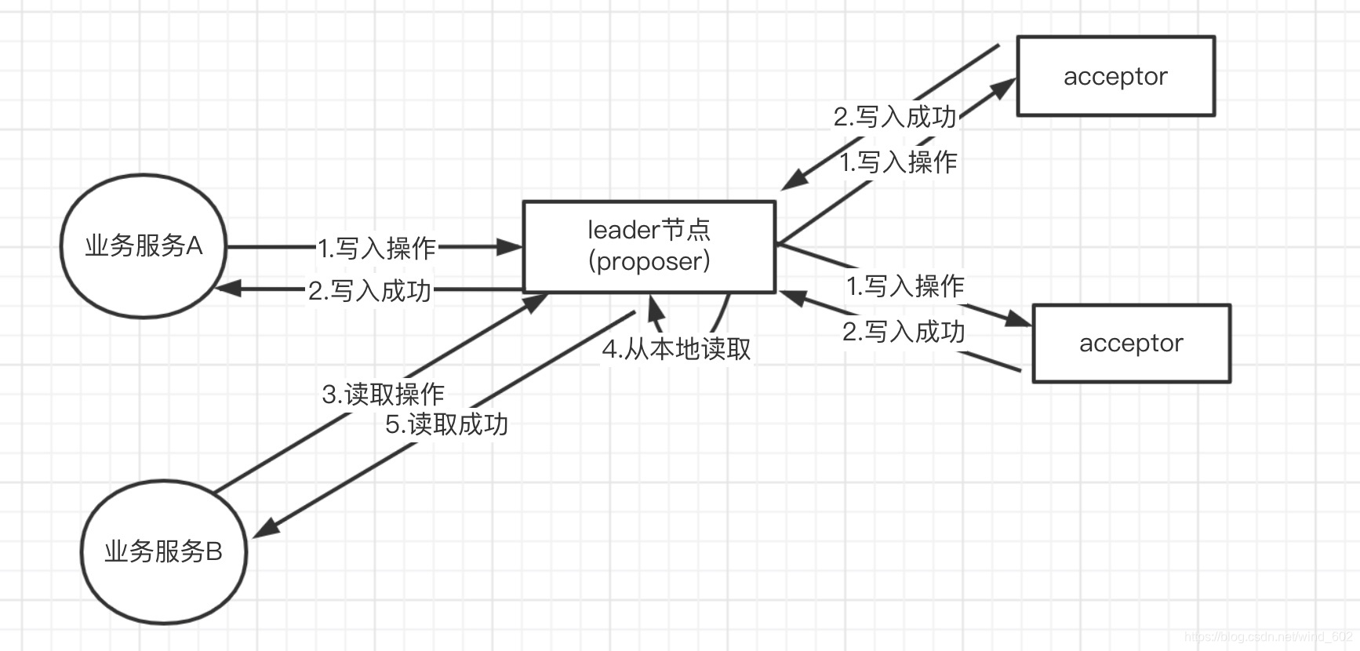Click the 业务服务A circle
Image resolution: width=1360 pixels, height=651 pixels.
(x=144, y=245)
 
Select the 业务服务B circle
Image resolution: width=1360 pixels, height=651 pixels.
(x=163, y=551)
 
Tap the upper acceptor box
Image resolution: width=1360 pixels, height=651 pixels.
(x=1115, y=76)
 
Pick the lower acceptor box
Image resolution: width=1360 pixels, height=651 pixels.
(x=1131, y=343)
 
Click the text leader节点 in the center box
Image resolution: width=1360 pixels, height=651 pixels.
(x=649, y=230)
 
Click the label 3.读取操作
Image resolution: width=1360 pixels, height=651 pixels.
(x=383, y=394)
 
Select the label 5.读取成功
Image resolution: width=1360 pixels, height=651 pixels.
(x=446, y=424)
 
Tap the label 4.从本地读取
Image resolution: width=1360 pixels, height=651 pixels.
(x=676, y=349)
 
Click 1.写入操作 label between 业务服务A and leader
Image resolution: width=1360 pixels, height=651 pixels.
(x=376, y=249)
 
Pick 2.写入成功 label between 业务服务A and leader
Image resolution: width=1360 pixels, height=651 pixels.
(x=369, y=291)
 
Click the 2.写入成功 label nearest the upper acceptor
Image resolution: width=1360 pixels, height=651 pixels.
(x=895, y=117)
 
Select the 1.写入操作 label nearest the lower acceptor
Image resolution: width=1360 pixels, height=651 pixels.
(x=905, y=285)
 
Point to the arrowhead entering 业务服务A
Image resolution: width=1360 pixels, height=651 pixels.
(x=227, y=289)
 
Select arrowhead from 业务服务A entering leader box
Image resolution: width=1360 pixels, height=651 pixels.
(x=511, y=247)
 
